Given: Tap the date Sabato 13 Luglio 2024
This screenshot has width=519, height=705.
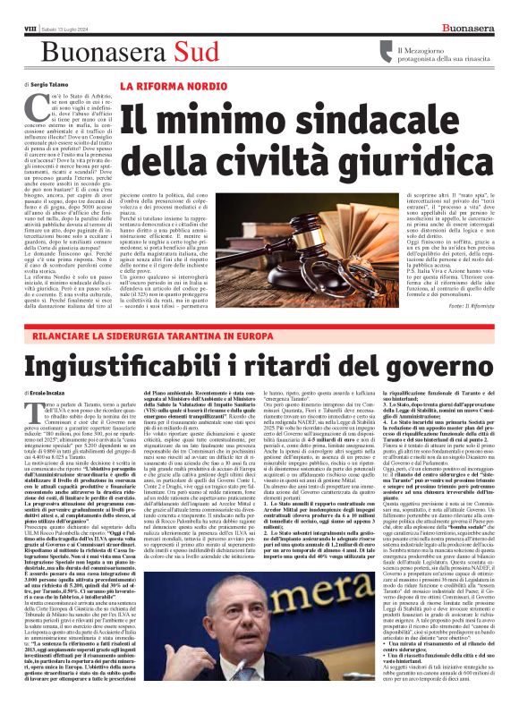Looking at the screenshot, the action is pos(55,10).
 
